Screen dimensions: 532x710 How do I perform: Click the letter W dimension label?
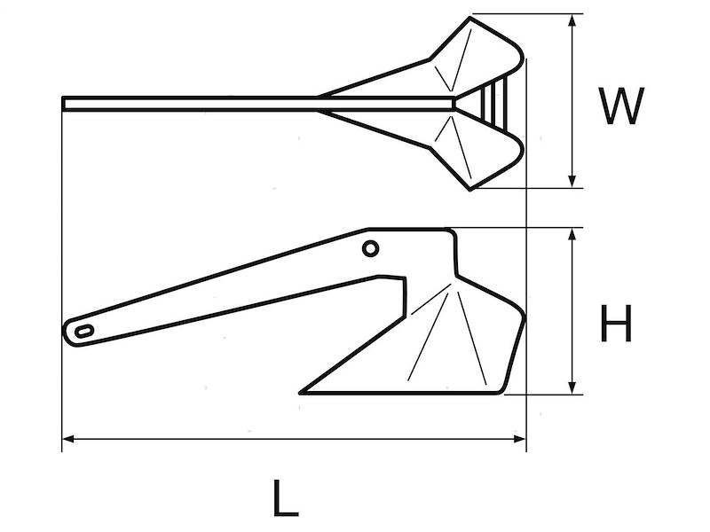click(x=619, y=106)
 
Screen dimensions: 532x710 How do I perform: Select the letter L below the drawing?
click(x=285, y=498)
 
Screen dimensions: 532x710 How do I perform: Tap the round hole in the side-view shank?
click(x=370, y=249)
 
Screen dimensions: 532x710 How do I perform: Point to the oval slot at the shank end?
click(x=84, y=331)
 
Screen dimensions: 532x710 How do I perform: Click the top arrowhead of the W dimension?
click(x=573, y=20)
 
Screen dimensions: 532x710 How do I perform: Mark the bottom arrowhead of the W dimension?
click(x=573, y=181)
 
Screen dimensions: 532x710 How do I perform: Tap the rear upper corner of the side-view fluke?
click(x=452, y=232)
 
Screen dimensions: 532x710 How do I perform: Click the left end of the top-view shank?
click(x=66, y=104)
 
